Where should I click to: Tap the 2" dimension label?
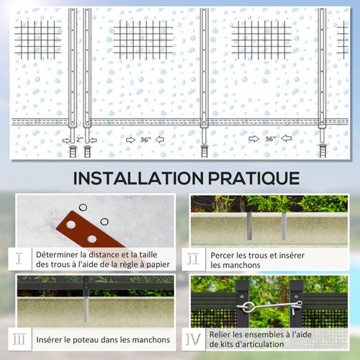pyautogui.click(x=79, y=139)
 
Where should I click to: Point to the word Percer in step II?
pyautogui.click(x=224, y=255)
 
